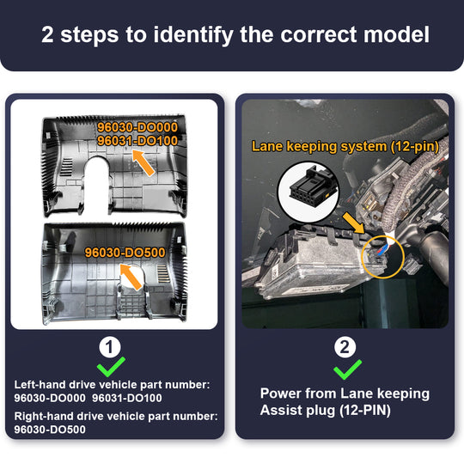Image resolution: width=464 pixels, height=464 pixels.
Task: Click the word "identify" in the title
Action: point(193,35)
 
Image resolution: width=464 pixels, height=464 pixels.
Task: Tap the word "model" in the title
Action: point(396,34)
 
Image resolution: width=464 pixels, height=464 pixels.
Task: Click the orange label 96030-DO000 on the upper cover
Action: point(137,127)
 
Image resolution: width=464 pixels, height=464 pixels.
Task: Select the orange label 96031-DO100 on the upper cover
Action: point(137,141)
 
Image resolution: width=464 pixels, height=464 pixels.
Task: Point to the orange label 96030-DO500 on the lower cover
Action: point(125,253)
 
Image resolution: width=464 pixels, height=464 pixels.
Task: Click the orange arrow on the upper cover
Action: point(143,162)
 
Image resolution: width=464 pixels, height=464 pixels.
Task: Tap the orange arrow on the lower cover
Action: point(131,277)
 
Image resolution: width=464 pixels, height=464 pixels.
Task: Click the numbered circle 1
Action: point(110,347)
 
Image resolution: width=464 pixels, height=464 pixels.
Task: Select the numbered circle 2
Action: point(345,347)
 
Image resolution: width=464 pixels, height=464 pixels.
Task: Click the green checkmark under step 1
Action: point(110,368)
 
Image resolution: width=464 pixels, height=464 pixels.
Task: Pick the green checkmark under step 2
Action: point(346,370)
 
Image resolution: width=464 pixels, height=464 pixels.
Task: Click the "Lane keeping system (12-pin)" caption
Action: point(345,146)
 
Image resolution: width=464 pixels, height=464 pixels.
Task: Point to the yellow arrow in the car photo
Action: point(354,223)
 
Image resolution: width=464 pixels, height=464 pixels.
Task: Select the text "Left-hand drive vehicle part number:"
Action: point(113,385)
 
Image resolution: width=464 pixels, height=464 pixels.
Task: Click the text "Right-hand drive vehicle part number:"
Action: point(116,417)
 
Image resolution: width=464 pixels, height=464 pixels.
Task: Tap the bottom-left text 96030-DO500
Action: point(50,430)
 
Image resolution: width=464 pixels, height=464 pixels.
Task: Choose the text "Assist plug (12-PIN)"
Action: point(326,410)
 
